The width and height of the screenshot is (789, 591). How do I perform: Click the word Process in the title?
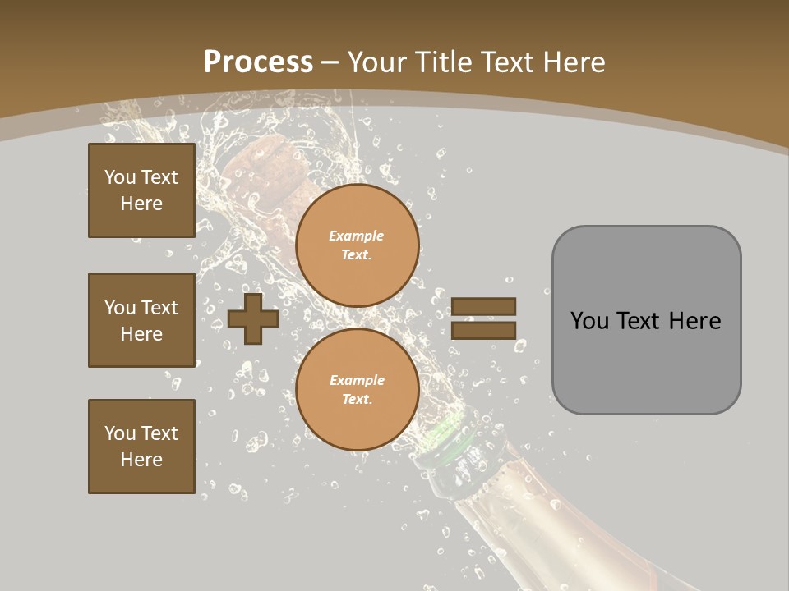[x=258, y=62]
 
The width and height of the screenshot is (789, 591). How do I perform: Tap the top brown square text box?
[x=141, y=190]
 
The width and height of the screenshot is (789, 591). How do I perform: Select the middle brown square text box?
[x=141, y=320]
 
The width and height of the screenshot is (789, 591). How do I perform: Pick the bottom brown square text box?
[x=141, y=446]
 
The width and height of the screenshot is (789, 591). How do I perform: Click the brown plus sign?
[x=252, y=319]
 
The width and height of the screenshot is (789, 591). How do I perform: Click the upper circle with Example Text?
[x=357, y=245]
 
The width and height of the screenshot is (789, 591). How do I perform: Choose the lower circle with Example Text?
[x=357, y=390]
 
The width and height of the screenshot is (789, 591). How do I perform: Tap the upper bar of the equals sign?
[x=483, y=307]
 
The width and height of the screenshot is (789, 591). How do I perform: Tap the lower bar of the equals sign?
[x=483, y=331]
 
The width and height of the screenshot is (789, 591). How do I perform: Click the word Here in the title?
[x=572, y=62]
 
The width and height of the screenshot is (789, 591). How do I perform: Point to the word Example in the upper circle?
[x=356, y=236]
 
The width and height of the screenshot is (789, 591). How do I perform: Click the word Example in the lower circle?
[x=356, y=380]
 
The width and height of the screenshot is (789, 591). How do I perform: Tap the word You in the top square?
[x=119, y=177]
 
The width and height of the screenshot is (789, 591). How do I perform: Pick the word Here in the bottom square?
[x=141, y=460]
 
